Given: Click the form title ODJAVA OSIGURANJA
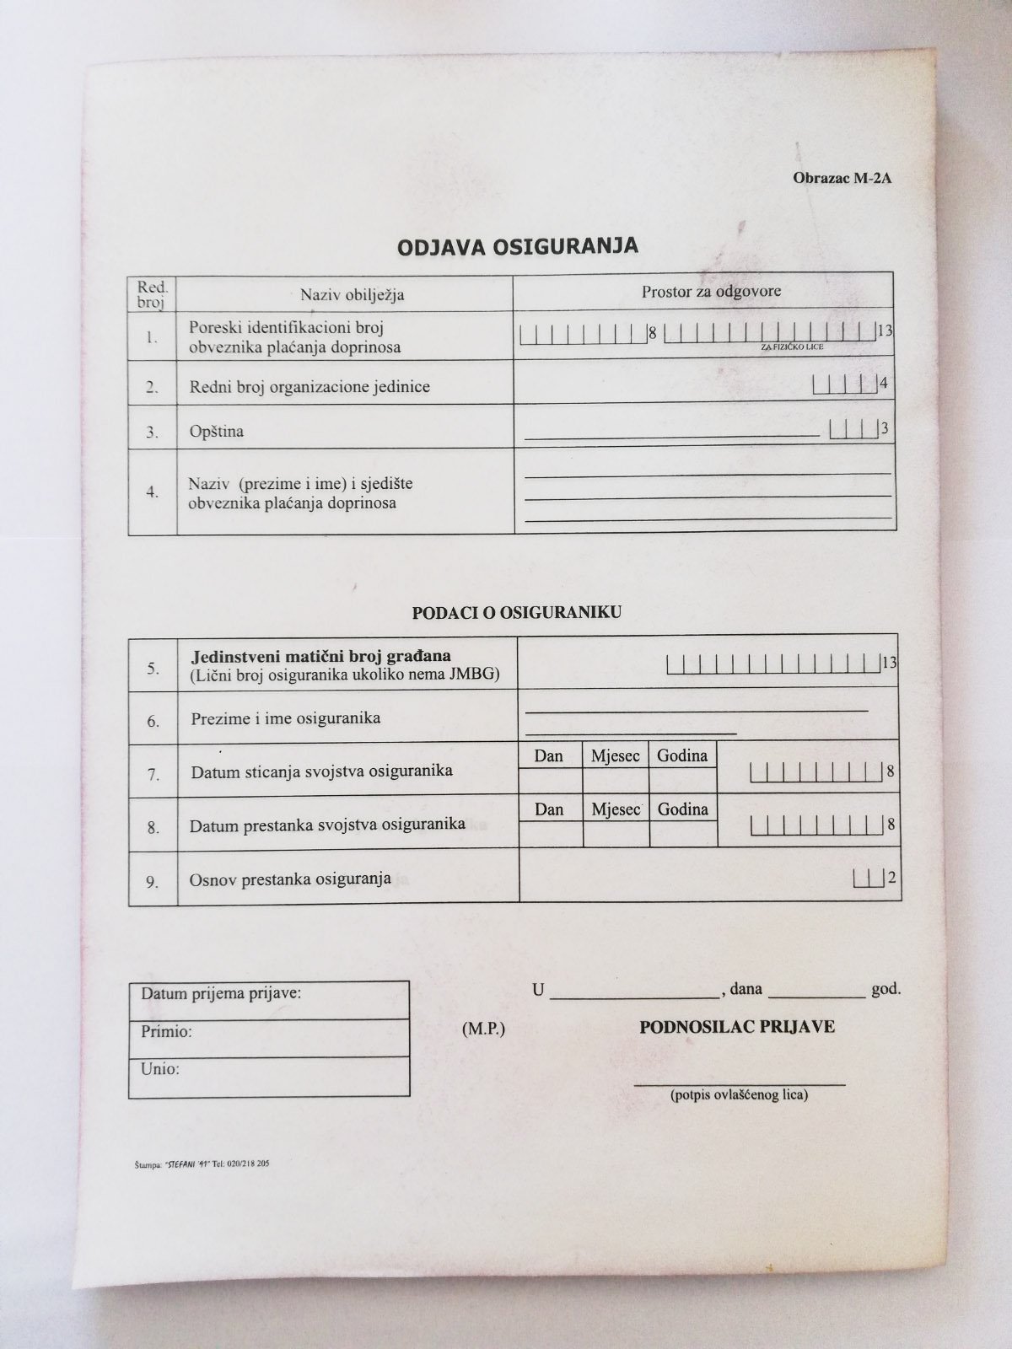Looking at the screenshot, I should (518, 246).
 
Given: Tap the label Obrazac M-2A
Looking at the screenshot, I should (841, 179).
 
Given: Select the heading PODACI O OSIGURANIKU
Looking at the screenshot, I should (516, 613).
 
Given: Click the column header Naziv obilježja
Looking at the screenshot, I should (353, 294).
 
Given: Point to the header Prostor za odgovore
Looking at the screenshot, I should (711, 292).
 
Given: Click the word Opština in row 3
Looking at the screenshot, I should (217, 432).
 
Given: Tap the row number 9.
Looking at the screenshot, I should (153, 882).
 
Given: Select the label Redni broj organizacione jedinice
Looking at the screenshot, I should (310, 387).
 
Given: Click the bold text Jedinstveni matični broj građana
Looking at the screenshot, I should (321, 656).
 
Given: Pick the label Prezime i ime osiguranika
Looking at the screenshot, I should (286, 718).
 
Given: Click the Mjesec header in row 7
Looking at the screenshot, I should (615, 755).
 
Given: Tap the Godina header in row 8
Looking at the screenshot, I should (682, 809).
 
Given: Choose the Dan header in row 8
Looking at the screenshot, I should (549, 809).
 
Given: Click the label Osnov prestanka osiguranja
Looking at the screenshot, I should (290, 879).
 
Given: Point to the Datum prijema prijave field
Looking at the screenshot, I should (222, 993).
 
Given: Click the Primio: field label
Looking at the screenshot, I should (167, 1031).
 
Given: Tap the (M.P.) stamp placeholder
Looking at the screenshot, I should (483, 1029).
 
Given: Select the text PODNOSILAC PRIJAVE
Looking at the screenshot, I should (737, 1027).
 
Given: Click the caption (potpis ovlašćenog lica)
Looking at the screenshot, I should (739, 1095).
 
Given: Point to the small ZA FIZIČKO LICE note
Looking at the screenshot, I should (792, 347).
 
